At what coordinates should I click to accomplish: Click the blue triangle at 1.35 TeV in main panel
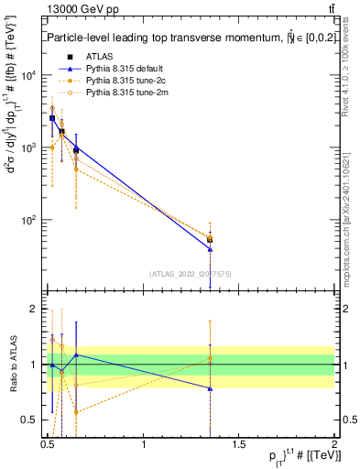pyautogui.click(x=211, y=249)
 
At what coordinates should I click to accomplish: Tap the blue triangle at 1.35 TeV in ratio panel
pyautogui.click(x=211, y=388)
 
